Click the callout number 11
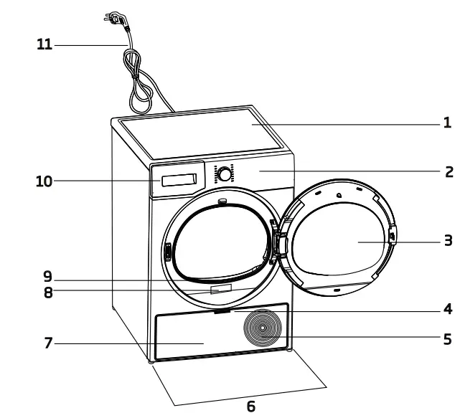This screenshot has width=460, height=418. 44,44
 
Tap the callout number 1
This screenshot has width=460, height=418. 446,123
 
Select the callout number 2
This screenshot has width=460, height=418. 448,171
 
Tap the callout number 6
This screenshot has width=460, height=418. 250,407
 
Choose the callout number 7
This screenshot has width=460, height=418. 48,343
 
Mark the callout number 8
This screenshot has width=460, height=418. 48,292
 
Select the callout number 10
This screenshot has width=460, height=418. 44,181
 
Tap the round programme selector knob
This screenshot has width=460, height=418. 225,174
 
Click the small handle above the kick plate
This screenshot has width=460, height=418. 222,311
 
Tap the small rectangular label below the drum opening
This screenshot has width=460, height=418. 222,289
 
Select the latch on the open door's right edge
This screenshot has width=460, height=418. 391,234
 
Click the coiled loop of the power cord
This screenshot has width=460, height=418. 141,90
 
